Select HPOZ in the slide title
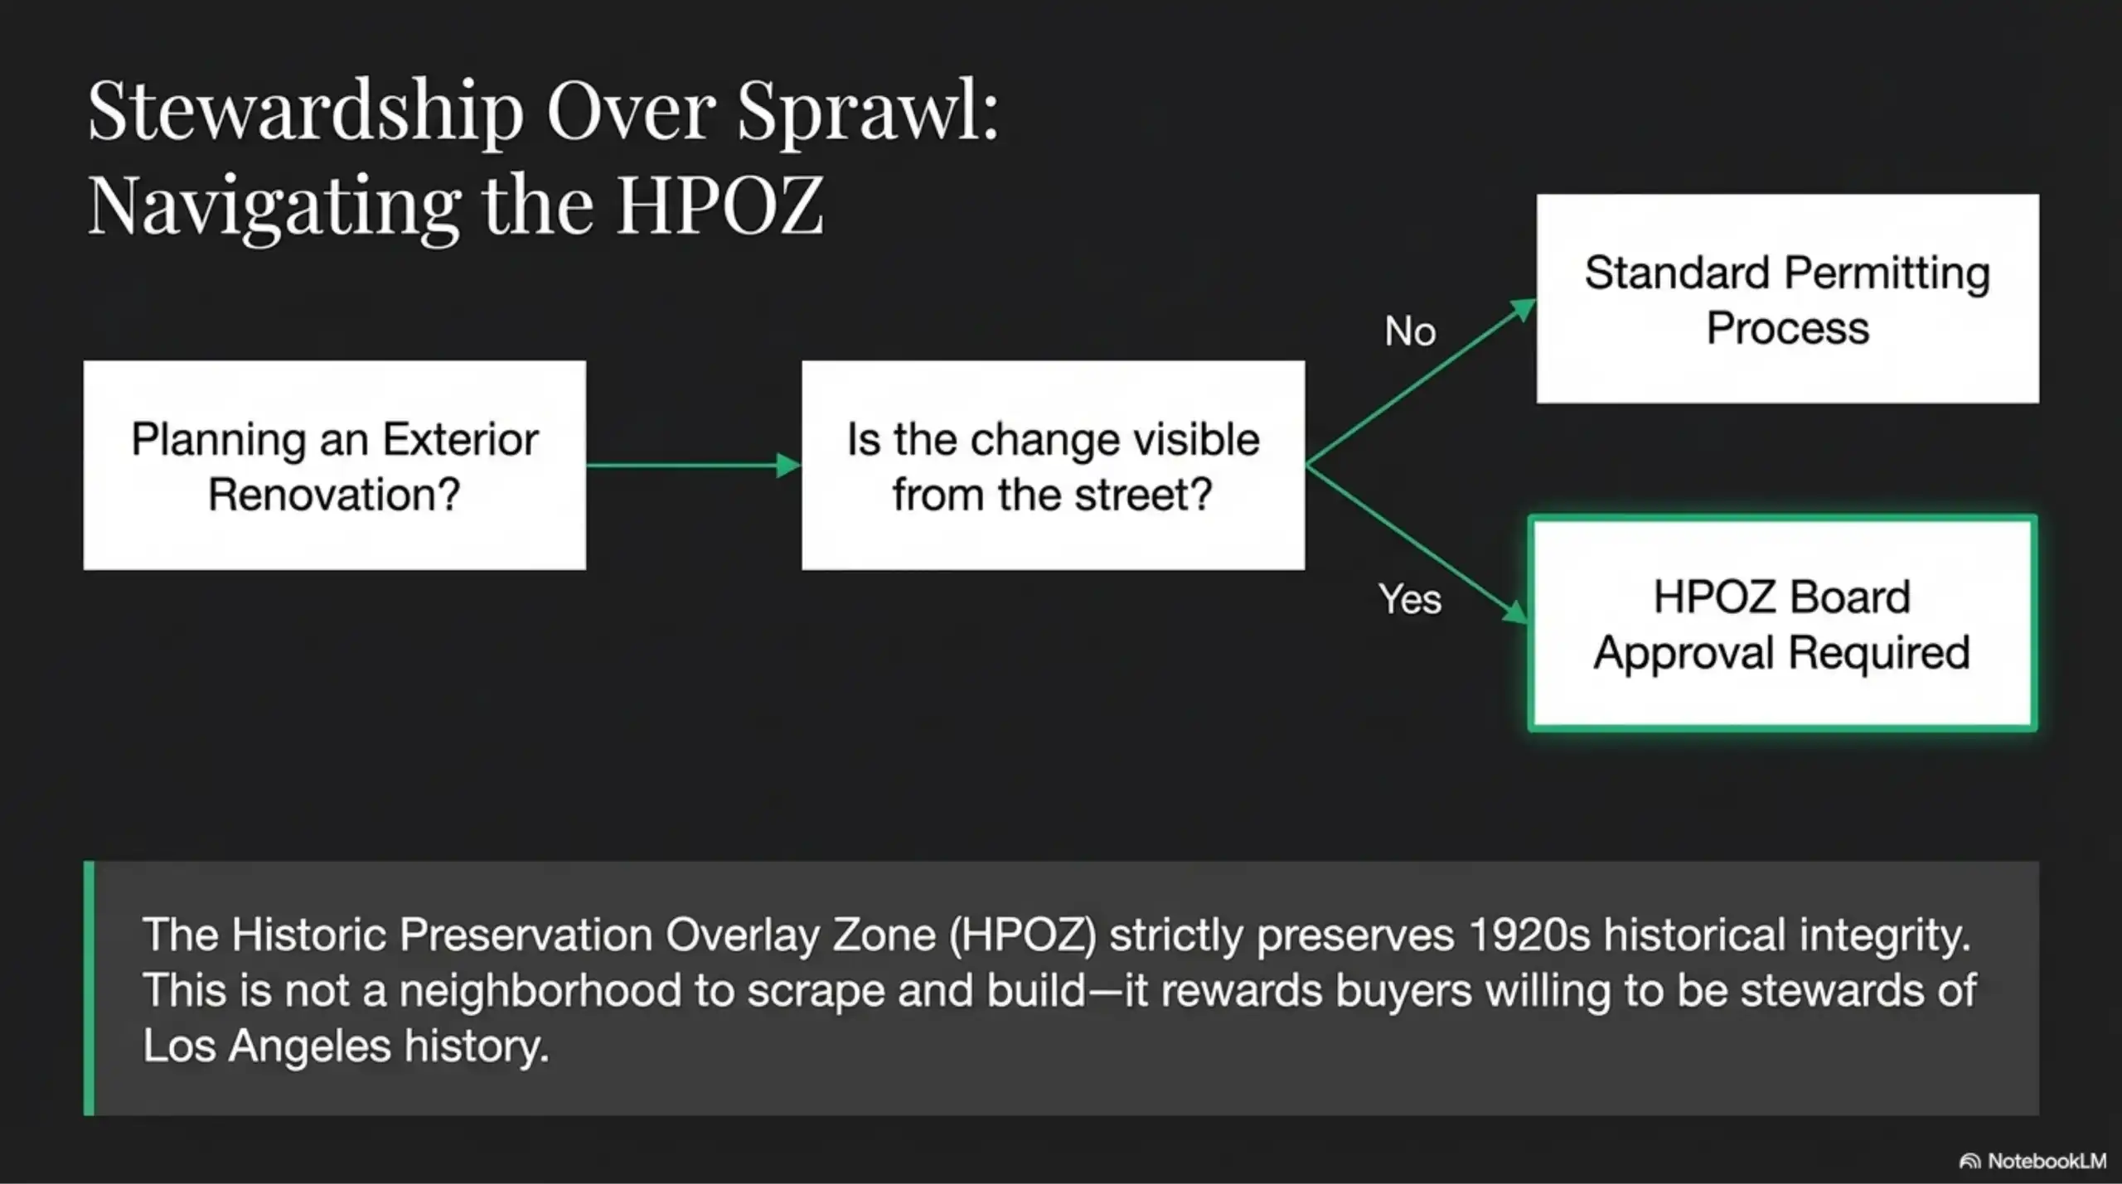(719, 205)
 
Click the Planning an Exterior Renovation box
(334, 465)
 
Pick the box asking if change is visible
(1053, 465)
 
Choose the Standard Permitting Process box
(1787, 299)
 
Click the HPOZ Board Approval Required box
(1781, 623)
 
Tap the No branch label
(1410, 331)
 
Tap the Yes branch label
(1410, 598)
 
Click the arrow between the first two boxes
(688, 465)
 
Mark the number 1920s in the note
(1529, 935)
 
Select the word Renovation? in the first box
(334, 495)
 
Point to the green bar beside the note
(89, 988)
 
